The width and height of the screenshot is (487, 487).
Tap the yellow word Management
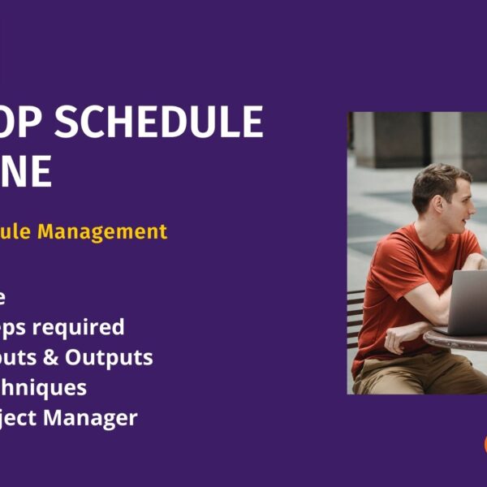tap(113, 231)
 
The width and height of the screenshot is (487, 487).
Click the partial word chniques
tap(45, 388)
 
